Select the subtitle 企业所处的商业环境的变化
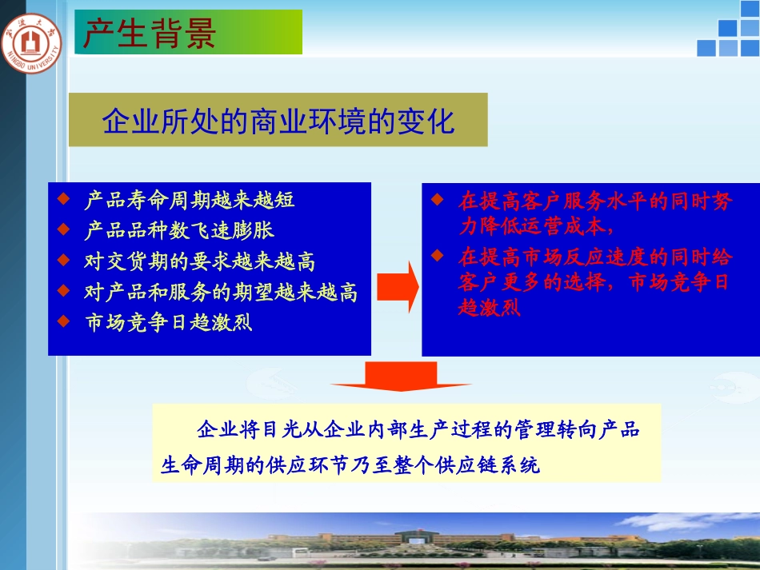tap(278, 122)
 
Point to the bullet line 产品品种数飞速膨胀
tap(179, 230)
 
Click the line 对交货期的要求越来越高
tap(200, 261)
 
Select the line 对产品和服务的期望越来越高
tap(221, 292)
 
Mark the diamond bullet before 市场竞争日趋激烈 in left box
tap(64, 321)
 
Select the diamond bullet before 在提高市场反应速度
tap(436, 256)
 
